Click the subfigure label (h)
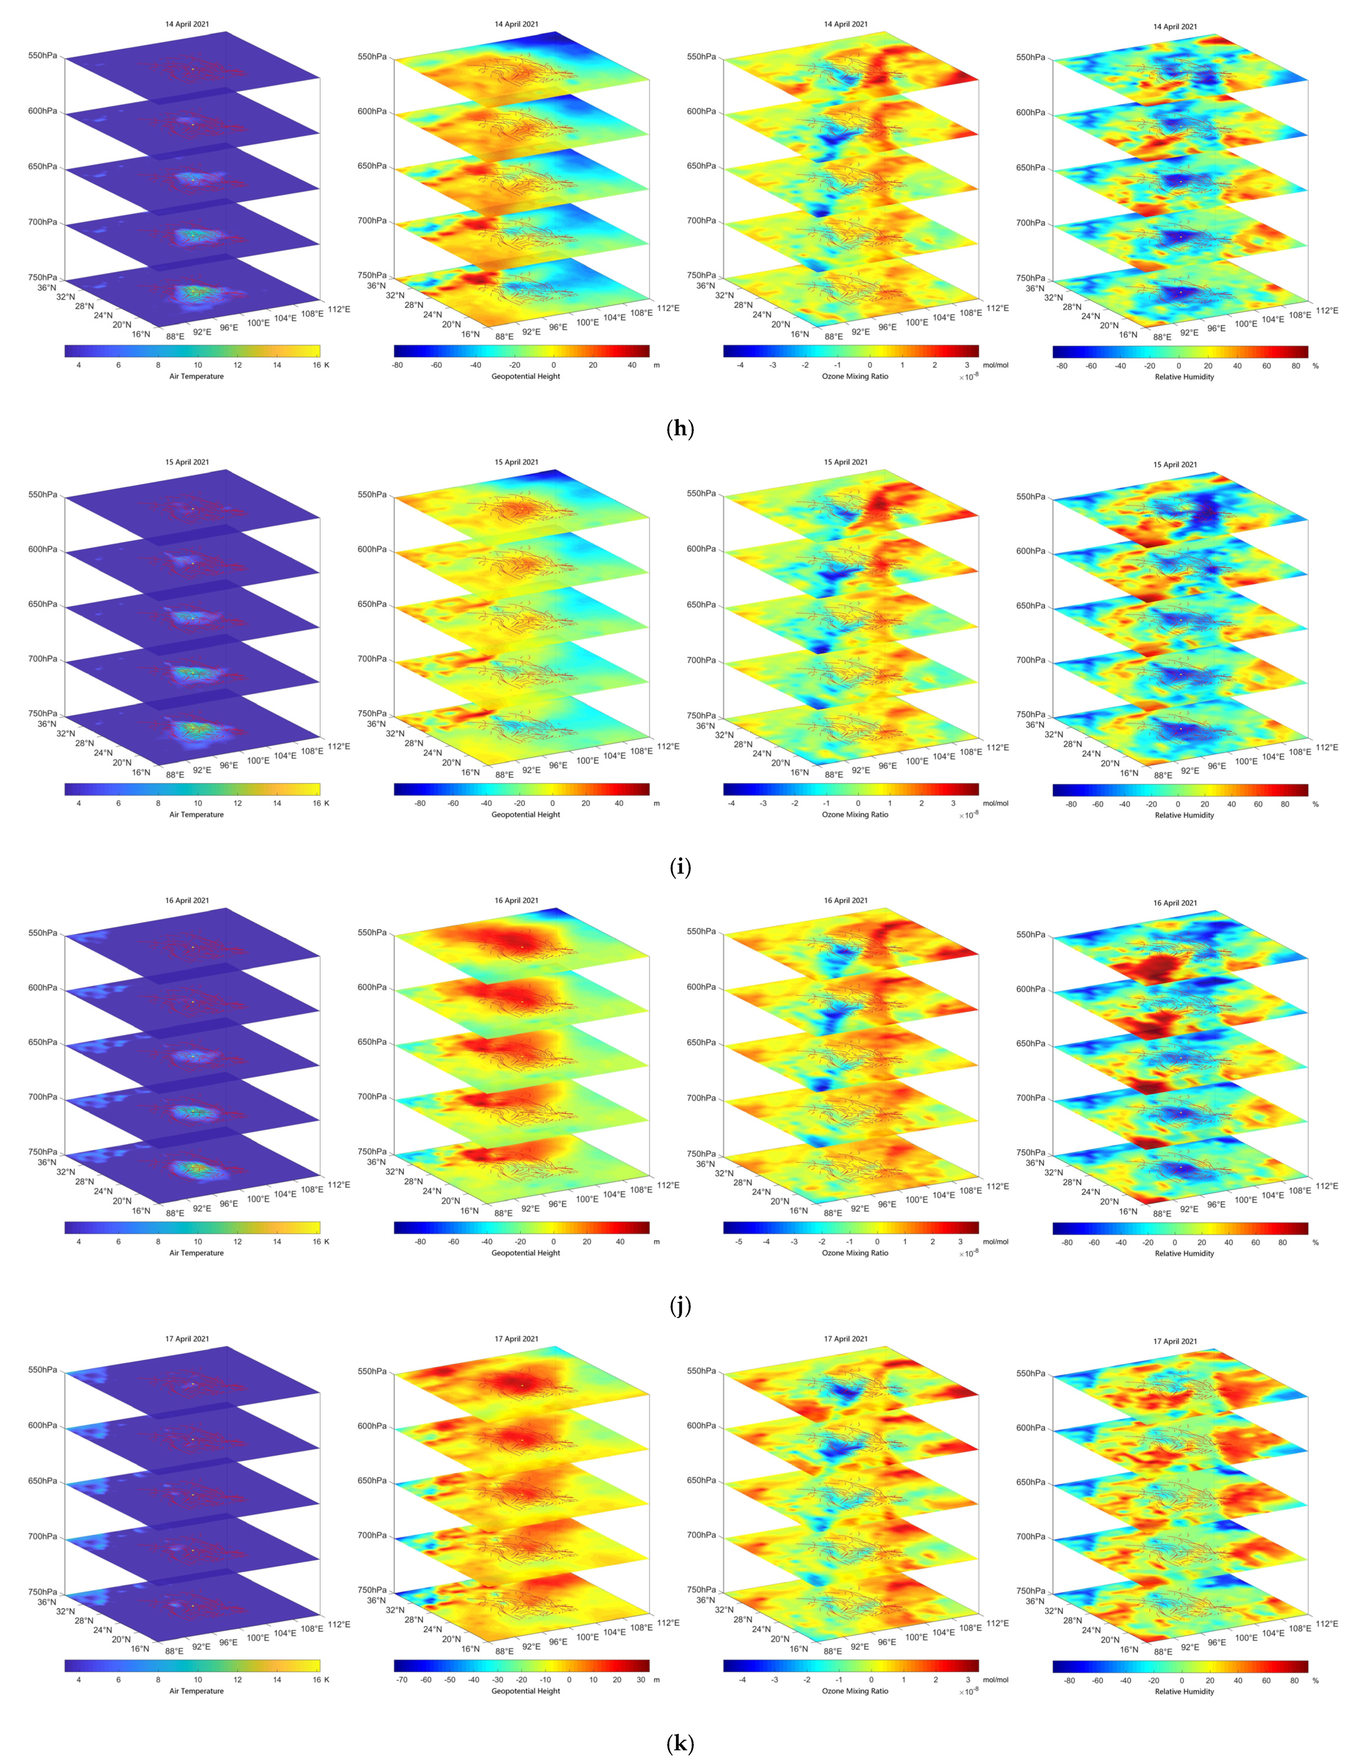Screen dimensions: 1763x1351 pyautogui.click(x=680, y=429)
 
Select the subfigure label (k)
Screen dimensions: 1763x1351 pyautogui.click(x=680, y=1743)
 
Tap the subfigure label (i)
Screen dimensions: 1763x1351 pyautogui.click(x=680, y=867)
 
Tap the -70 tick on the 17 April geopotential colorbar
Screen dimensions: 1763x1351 pyautogui.click(x=402, y=1679)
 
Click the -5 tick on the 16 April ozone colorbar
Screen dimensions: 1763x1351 pyautogui.click(x=739, y=1241)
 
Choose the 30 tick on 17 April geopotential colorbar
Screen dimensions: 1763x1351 pyautogui.click(x=641, y=1679)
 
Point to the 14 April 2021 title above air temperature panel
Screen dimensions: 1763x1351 pyautogui.click(x=187, y=24)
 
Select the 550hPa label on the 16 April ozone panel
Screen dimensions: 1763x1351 pyautogui.click(x=701, y=931)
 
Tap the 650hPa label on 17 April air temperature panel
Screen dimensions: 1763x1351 pyautogui.click(x=43, y=1481)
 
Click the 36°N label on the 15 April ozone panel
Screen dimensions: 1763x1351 pyautogui.click(x=705, y=725)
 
